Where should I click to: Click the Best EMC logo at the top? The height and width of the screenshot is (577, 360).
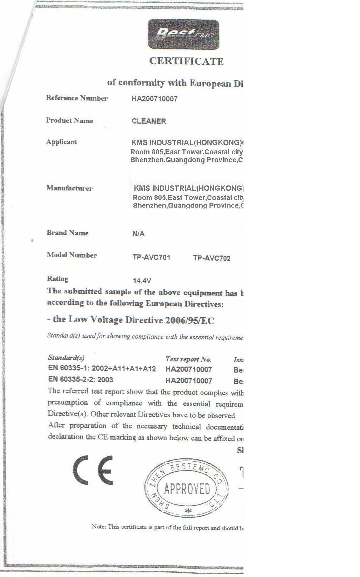pyautogui.click(x=183, y=34)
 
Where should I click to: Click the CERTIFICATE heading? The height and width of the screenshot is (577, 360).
pyautogui.click(x=186, y=61)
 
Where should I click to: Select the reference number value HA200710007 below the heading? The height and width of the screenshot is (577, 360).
pyautogui.click(x=154, y=99)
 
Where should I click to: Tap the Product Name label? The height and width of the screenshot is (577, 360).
pyautogui.click(x=69, y=120)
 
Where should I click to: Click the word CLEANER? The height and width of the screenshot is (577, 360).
pyautogui.click(x=149, y=121)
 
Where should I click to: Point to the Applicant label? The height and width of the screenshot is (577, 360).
pyautogui.click(x=61, y=142)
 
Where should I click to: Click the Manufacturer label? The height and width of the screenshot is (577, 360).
pyautogui.click(x=69, y=188)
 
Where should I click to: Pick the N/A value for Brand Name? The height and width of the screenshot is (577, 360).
pyautogui.click(x=138, y=234)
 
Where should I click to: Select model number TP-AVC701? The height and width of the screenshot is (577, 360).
pyautogui.click(x=151, y=257)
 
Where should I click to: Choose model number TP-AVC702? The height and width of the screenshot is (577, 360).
pyautogui.click(x=212, y=258)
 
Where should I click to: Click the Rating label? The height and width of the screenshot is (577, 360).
pyautogui.click(x=57, y=279)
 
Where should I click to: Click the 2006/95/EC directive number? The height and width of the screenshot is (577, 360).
pyautogui.click(x=189, y=320)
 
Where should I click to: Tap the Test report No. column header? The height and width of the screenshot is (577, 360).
pyautogui.click(x=188, y=359)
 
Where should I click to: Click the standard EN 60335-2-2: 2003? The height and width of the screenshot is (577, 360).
pyautogui.click(x=80, y=379)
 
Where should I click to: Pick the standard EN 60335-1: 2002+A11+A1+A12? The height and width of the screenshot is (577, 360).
pyautogui.click(x=102, y=368)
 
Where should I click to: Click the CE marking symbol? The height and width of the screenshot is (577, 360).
pyautogui.click(x=93, y=470)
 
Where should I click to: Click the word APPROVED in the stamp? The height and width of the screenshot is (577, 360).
pyautogui.click(x=187, y=488)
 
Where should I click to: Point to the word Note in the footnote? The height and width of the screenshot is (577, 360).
pyautogui.click(x=98, y=526)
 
